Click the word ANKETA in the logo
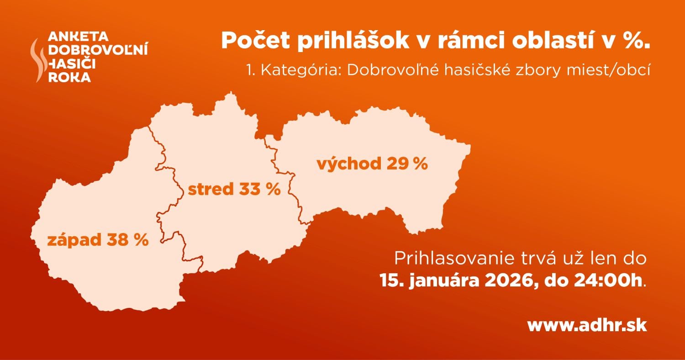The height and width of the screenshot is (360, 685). coord(78,37)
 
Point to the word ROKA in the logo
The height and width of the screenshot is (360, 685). coord(69,77)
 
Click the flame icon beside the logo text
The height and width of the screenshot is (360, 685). coord(38,60)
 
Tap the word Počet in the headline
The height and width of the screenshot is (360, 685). coord(255,41)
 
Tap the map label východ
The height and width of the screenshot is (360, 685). coord(349,164)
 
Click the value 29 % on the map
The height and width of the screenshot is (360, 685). coord(407,164)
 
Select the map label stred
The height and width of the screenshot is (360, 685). coord(211,189)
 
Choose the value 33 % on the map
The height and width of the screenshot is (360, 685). coord(260,189)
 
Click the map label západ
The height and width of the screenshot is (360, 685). coord(74,240)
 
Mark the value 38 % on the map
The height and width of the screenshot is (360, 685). coord(128,240)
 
